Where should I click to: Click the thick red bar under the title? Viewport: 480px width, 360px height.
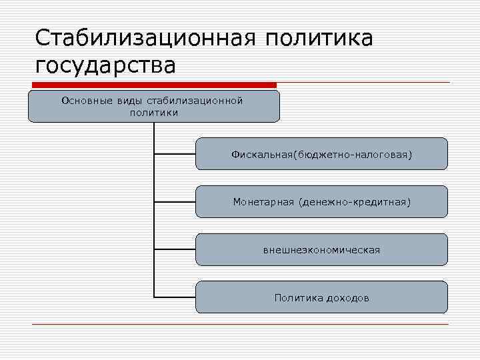tap(153, 85)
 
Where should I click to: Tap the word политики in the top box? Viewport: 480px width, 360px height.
tap(154, 112)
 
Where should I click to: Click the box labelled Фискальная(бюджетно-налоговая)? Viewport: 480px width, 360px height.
tap(321, 154)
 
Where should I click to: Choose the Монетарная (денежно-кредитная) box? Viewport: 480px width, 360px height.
tap(321, 201)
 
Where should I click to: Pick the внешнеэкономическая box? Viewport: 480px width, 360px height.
tap(321, 249)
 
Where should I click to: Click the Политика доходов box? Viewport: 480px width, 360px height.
tap(321, 297)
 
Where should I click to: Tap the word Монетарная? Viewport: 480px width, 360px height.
tap(263, 201)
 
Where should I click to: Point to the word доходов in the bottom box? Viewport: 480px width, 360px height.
tap(348, 297)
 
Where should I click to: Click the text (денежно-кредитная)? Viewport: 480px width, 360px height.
tap(355, 201)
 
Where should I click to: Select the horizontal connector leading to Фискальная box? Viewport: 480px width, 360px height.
tap(175, 154)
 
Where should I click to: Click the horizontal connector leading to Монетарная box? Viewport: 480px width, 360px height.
tap(175, 201)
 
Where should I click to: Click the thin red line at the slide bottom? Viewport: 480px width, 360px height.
tap(240, 325)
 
